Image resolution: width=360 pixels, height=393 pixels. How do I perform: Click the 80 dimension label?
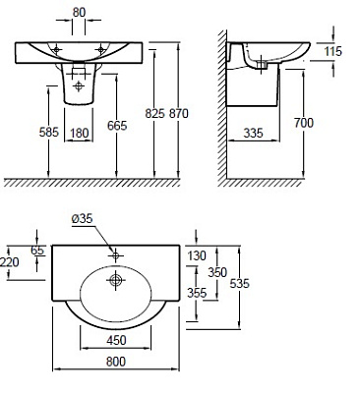(x=79, y=13)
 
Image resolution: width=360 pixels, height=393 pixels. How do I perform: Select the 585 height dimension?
(x=49, y=132)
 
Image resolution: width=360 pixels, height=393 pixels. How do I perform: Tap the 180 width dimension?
(x=80, y=133)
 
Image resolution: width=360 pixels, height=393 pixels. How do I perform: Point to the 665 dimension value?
(x=117, y=126)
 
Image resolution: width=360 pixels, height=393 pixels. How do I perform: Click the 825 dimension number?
(x=154, y=113)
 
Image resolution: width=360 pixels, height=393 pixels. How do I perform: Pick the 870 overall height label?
(x=179, y=113)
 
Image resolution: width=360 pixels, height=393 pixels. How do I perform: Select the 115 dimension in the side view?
(x=332, y=51)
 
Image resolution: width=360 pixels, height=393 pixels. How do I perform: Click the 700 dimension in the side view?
(x=304, y=123)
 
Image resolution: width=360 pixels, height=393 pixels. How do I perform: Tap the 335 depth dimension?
(x=254, y=133)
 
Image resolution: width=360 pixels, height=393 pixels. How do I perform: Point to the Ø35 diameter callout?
(x=83, y=218)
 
